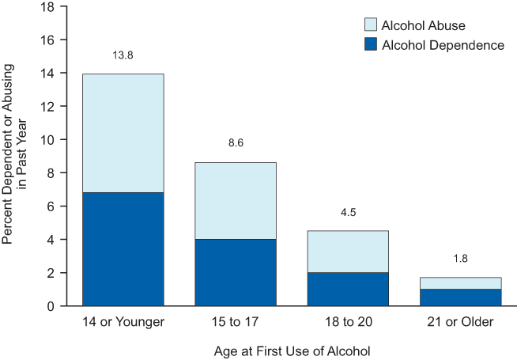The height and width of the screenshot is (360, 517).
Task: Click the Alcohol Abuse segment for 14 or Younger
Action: tap(123, 133)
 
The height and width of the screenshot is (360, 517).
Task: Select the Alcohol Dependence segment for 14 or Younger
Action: tap(123, 248)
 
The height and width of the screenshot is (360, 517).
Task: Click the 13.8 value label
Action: tap(123, 57)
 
